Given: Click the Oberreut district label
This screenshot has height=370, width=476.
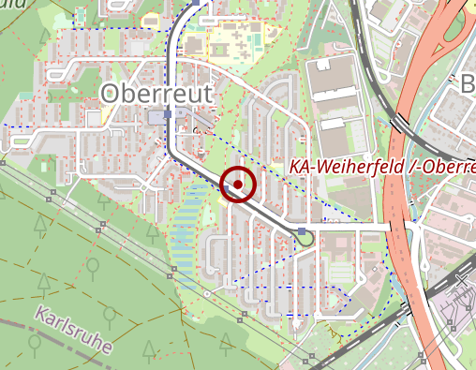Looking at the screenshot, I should (155, 93).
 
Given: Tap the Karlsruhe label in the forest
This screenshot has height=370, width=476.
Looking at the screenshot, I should (73, 329).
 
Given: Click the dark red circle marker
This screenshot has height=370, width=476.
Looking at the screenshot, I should (239, 185).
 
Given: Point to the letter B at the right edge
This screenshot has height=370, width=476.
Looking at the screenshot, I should (468, 85).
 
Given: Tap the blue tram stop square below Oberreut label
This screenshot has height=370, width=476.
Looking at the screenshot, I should (168, 114).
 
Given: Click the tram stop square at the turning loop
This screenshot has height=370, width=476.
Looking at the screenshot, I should (302, 231).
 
